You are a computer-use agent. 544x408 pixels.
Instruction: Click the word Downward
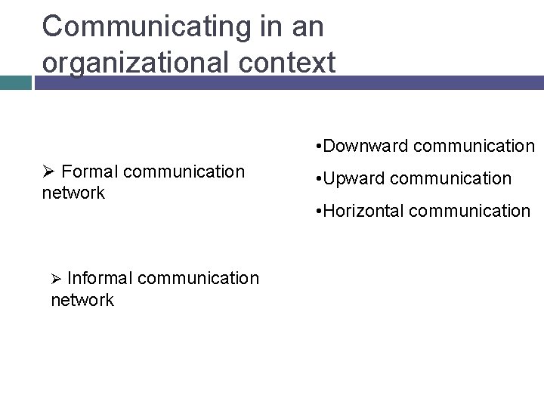tap(367, 145)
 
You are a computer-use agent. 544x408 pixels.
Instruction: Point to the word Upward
tap(356, 178)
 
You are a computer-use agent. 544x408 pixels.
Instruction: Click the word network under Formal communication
tap(73, 193)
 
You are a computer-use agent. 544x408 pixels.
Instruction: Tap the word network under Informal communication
tap(82, 300)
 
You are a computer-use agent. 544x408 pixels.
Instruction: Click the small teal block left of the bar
tap(15, 82)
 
